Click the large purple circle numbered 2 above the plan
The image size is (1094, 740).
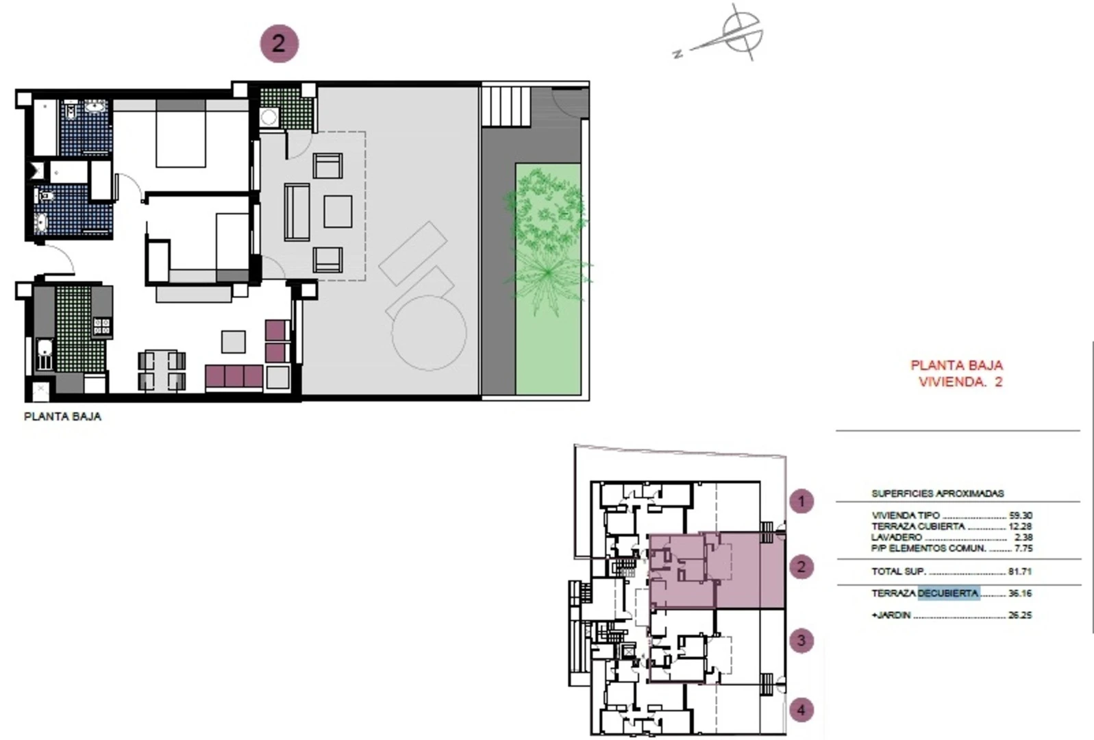point(279,44)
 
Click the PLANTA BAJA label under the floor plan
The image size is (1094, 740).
point(62,417)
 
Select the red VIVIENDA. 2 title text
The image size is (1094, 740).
point(960,382)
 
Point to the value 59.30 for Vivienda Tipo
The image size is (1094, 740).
point(1020,515)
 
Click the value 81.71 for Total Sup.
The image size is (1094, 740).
point(1020,571)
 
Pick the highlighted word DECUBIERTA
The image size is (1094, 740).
point(949,593)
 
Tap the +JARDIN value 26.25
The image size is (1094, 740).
point(1020,615)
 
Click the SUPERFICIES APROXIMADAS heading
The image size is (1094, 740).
point(938,493)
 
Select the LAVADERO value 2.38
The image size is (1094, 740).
point(1023,537)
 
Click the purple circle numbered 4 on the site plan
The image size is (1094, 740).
point(801,710)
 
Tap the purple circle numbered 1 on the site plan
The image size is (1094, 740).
point(801,501)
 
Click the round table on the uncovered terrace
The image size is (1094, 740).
point(429,332)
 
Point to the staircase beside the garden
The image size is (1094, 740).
point(506,106)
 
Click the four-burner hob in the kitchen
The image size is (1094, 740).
point(102,326)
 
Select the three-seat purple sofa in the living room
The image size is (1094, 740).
point(234,377)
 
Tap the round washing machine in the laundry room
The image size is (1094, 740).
point(269,116)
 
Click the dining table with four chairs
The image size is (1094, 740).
point(162,370)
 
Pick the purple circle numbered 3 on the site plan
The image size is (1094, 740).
point(801,641)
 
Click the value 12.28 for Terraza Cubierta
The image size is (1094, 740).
point(1020,526)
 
